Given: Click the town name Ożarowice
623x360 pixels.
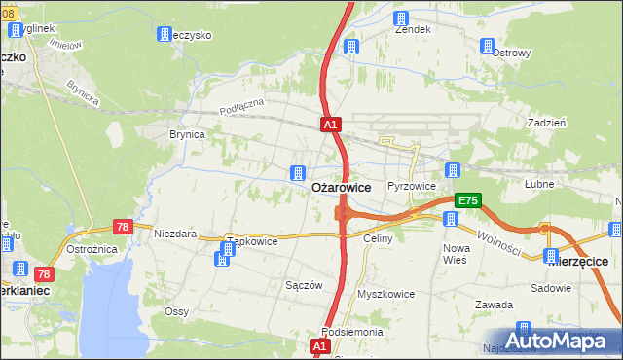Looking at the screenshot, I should click(340, 186).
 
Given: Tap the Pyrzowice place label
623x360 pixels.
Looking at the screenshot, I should click(410, 185).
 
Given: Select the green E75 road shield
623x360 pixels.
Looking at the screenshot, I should click(467, 200).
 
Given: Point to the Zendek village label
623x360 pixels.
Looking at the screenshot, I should click(413, 29).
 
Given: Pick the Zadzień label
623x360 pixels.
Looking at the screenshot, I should click(546, 124).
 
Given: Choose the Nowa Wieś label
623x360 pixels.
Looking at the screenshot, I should click(455, 254).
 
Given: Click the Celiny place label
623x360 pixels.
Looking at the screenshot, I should click(377, 238).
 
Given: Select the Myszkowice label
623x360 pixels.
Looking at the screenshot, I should click(385, 294).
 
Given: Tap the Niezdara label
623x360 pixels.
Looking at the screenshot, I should click(175, 234).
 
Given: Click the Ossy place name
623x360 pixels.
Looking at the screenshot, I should click(176, 310).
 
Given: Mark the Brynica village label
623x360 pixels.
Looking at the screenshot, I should click(187, 135).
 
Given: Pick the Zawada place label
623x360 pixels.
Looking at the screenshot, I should click(494, 305).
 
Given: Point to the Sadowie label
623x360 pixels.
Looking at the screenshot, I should click(551, 289).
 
